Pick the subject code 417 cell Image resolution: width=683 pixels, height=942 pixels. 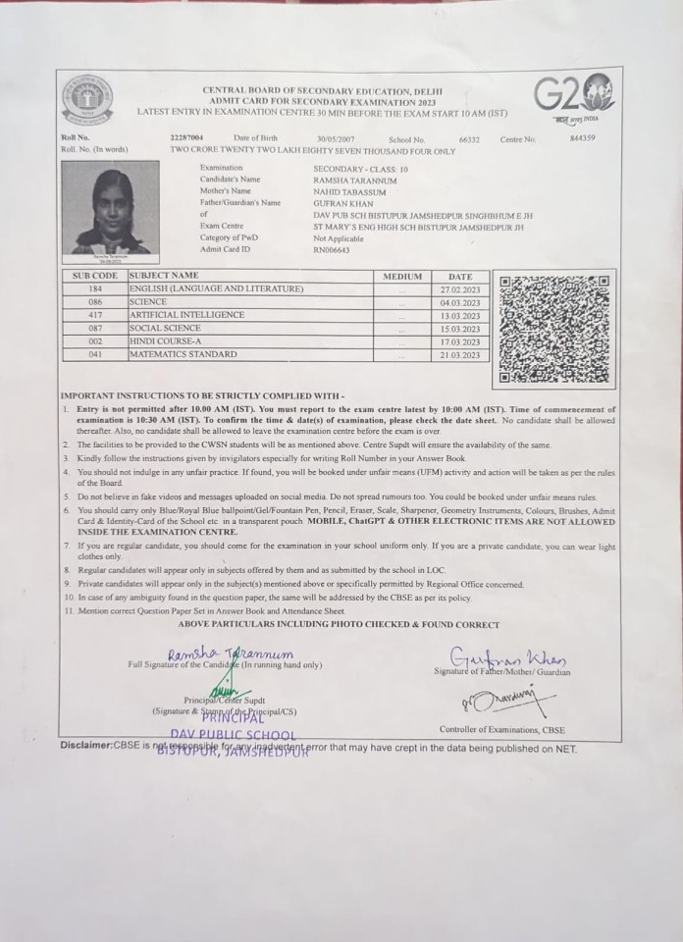tap(94, 315)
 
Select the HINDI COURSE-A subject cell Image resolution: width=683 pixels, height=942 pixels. tap(161, 340)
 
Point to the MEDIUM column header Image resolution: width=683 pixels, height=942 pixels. tap(402, 277)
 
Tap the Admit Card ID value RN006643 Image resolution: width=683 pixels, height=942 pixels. tap(331, 250)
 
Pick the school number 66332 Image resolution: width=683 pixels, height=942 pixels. tap(469, 139)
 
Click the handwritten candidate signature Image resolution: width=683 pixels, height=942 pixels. tap(230, 654)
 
